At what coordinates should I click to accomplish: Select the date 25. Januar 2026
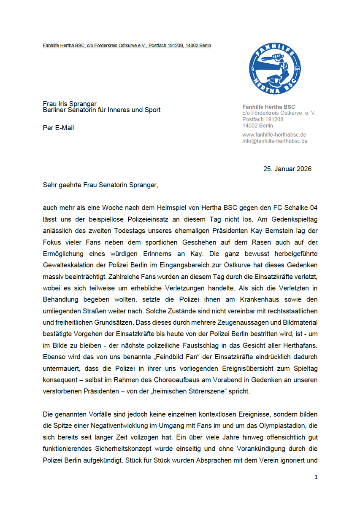[287, 169]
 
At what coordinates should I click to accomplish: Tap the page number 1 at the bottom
[316, 477]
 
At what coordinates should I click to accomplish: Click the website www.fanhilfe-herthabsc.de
[274, 135]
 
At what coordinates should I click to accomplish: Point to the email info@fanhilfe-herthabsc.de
[275, 141]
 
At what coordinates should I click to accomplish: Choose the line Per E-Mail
[58, 128]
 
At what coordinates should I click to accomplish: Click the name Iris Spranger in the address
[77, 104]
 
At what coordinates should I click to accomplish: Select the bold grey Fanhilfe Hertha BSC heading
[268, 107]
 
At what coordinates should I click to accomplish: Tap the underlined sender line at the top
[127, 46]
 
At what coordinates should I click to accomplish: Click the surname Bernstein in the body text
[296, 231]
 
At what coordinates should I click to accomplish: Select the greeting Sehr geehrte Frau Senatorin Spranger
[100, 185]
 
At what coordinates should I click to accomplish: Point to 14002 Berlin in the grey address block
[257, 126]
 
